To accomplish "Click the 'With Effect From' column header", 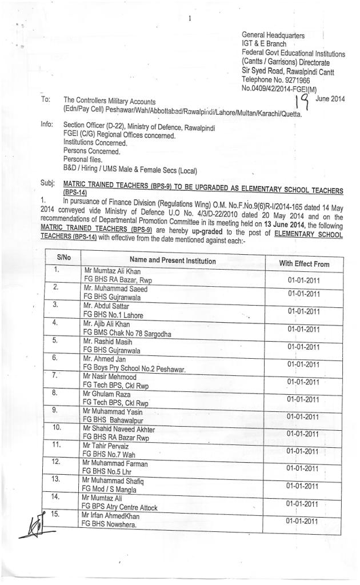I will tap(303, 263).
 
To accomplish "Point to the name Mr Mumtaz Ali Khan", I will tap(111, 271).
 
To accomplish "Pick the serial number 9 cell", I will tap(56, 410).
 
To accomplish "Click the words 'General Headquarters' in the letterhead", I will tap(273, 35).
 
